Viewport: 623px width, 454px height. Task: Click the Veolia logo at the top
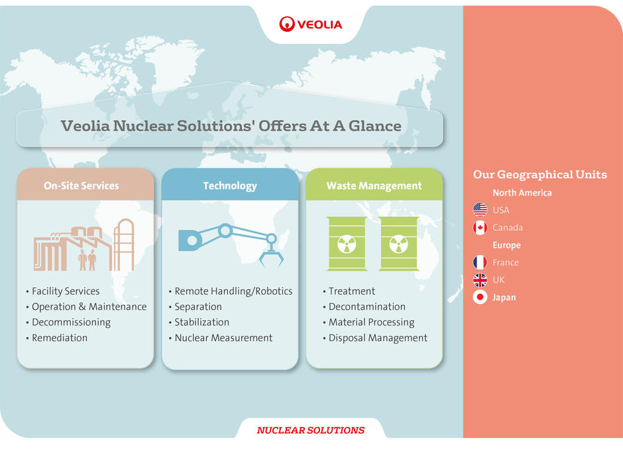tap(310, 25)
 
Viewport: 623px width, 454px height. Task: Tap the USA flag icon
tap(480, 210)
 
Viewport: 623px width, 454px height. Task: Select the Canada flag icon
tap(480, 228)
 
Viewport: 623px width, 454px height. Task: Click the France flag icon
tap(480, 262)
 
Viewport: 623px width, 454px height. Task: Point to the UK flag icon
tap(480, 279)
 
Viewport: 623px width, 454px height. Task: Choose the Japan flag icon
tap(480, 297)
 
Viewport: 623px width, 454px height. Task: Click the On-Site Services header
tap(81, 186)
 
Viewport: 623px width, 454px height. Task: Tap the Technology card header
tap(230, 186)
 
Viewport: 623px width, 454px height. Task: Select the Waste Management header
tap(374, 186)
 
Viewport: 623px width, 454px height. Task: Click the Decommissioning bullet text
tap(71, 323)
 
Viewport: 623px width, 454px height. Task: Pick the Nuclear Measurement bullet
tap(224, 338)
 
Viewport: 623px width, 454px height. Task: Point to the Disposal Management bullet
tap(378, 338)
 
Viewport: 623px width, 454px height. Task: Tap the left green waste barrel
tap(347, 244)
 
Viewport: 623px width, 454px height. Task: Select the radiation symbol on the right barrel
tap(398, 244)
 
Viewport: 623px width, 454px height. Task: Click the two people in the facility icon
tap(87, 260)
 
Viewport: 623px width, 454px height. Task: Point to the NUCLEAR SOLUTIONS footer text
tap(311, 430)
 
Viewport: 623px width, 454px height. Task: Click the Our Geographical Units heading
tap(540, 175)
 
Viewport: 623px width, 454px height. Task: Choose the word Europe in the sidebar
tap(506, 245)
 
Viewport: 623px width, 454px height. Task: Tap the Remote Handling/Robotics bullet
tap(233, 291)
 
